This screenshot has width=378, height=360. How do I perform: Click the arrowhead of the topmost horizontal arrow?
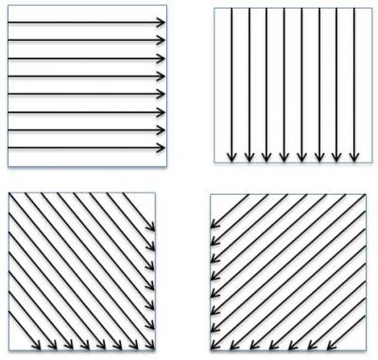163,22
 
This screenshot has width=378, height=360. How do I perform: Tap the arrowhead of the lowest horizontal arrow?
163,148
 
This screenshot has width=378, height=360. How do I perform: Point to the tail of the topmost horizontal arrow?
9,22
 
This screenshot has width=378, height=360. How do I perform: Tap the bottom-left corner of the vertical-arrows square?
215,163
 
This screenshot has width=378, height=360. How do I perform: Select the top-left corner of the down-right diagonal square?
9,195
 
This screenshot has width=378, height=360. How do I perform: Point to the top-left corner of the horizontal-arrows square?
9,9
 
